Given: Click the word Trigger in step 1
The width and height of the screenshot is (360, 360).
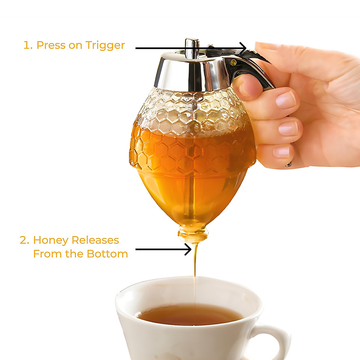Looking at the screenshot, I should click(x=105, y=45).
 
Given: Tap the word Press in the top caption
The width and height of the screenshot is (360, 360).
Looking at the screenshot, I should click(x=51, y=45).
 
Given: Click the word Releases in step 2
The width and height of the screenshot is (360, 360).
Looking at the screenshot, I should click(x=95, y=240).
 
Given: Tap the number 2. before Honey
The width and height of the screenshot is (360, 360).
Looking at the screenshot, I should click(x=25, y=240).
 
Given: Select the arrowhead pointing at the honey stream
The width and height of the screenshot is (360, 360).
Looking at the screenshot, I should click(x=188, y=249).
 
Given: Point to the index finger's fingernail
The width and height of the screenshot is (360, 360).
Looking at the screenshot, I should click(x=286, y=100).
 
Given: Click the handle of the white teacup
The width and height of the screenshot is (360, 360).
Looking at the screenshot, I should click(x=274, y=339).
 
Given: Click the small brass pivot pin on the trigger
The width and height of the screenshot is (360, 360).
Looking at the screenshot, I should click(x=233, y=62).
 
